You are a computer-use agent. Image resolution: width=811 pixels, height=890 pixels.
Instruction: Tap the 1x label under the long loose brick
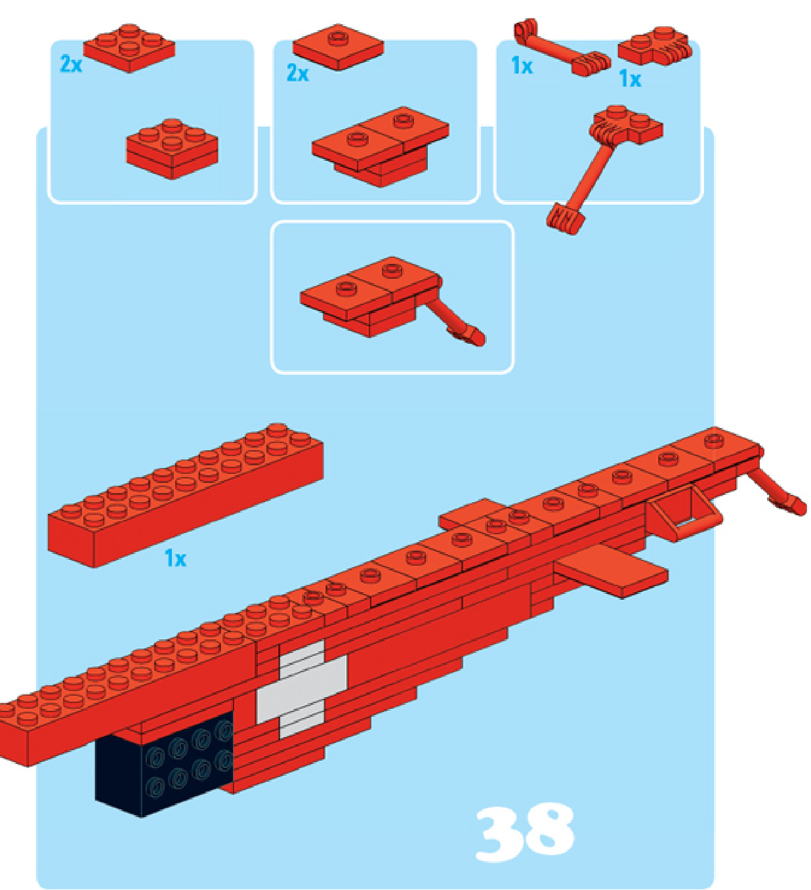pyautogui.click(x=175, y=558)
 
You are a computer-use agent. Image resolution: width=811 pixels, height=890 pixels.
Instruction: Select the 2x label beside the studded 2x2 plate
pyautogui.click(x=71, y=64)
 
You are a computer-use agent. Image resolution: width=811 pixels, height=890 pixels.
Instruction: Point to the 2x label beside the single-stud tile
pyautogui.click(x=298, y=73)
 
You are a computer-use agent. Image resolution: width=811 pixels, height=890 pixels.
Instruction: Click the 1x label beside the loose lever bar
pyautogui.click(x=522, y=66)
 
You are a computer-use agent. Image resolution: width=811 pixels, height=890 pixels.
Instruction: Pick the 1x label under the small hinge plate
pyautogui.click(x=630, y=79)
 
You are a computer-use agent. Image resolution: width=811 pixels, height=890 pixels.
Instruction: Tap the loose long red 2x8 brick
pyautogui.click(x=186, y=495)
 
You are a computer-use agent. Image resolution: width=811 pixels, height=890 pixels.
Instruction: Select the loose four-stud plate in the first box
pyautogui.click(x=129, y=48)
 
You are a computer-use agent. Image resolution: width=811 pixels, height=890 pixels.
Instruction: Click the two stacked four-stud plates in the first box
pyautogui.click(x=172, y=148)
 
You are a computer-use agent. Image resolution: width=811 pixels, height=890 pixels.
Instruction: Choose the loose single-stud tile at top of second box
pyautogui.click(x=338, y=47)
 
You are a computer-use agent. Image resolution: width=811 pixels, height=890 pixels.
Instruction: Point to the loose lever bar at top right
pyautogui.click(x=562, y=47)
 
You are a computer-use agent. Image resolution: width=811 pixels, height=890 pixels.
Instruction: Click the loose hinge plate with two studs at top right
pyautogui.click(x=654, y=46)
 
